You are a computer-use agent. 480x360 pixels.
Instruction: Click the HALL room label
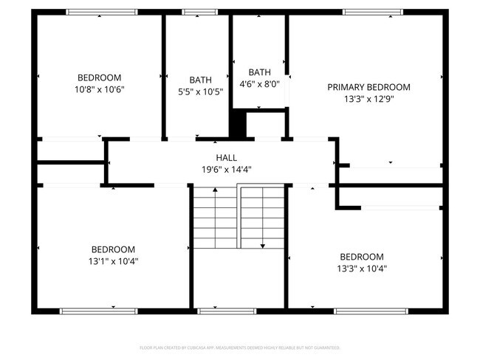227,158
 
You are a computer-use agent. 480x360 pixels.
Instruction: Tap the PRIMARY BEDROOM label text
368,87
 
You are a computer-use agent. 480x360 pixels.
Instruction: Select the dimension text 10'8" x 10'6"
99,89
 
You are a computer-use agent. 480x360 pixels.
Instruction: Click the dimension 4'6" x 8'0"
259,84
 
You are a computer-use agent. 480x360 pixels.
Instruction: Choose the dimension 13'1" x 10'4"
113,260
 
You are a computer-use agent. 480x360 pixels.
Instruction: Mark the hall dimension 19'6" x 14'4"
227,169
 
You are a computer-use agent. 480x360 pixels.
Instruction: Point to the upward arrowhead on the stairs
215,191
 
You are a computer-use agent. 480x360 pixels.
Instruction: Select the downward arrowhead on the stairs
263,245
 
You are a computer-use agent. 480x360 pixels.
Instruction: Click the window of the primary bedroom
373,12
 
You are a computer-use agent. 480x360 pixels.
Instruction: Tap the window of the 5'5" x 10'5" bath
195,12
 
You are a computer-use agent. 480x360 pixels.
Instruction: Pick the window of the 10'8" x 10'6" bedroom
101,12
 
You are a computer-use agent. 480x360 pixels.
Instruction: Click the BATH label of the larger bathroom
200,80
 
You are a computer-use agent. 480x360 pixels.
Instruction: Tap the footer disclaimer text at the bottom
239,347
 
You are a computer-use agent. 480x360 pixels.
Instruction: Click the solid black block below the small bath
238,124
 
